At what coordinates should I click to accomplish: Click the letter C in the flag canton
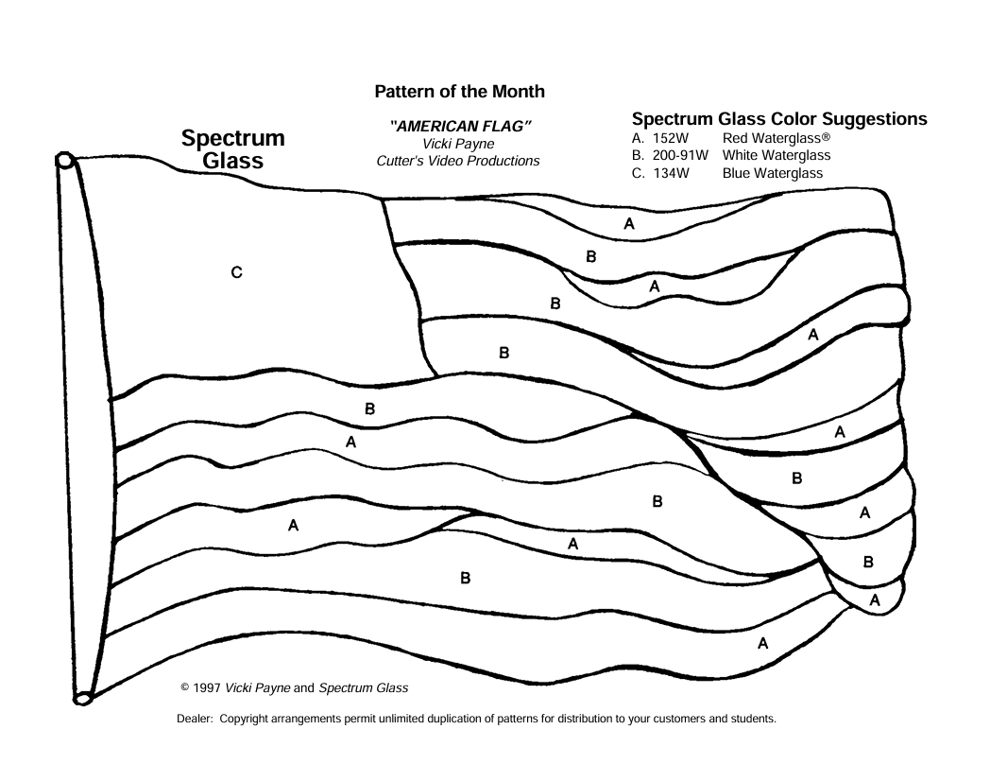[x=237, y=272]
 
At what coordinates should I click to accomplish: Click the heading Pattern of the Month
[x=460, y=92]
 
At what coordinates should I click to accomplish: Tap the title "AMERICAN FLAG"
[x=460, y=127]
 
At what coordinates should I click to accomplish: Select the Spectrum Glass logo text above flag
[x=233, y=149]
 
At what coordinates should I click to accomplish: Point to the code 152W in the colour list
[x=671, y=138]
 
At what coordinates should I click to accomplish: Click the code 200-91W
[x=680, y=155]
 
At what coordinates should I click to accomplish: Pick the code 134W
[x=671, y=173]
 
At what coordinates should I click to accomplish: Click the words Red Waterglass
[x=772, y=138]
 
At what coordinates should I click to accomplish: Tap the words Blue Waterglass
[x=773, y=173]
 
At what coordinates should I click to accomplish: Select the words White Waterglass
[x=777, y=155]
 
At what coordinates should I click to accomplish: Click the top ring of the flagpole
[x=65, y=161]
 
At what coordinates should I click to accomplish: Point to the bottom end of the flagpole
[x=83, y=698]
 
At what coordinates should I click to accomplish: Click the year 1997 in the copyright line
[x=207, y=688]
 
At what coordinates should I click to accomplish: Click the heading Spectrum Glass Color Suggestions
[x=779, y=119]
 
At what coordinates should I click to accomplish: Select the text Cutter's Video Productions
[x=458, y=161]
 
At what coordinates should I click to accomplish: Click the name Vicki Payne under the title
[x=458, y=144]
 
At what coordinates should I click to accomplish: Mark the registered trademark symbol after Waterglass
[x=826, y=136]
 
